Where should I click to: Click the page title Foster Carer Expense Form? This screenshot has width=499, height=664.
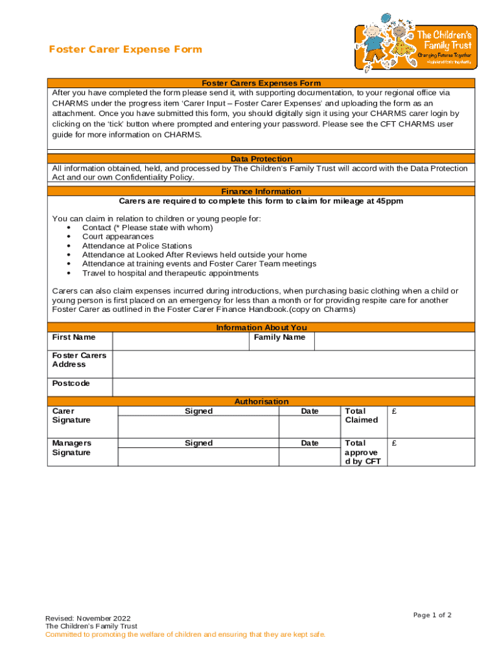pos(126,49)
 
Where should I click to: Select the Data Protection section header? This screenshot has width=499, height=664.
pos(261,159)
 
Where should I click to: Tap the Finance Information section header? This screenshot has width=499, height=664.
pos(261,191)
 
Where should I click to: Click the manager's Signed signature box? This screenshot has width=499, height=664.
pos(198,456)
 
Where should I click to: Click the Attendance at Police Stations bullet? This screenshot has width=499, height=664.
pos(137,246)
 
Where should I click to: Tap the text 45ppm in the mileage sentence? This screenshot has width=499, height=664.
pos(389,201)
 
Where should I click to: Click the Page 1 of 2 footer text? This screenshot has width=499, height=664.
pos(432,615)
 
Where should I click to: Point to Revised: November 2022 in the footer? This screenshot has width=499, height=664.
pos(87,618)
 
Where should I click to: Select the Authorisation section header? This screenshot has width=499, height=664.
pos(261,401)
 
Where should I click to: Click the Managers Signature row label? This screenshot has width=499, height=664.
pos(72,447)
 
